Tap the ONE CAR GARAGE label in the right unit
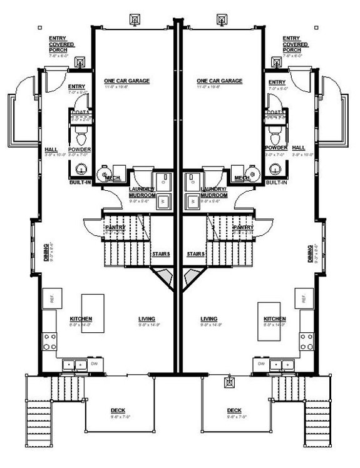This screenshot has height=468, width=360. tap(219, 81)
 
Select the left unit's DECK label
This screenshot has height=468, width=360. tap(118, 410)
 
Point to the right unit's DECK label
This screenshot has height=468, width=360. tap(234, 410)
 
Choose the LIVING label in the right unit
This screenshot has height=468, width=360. tap(209, 319)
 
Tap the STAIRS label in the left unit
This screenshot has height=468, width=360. tap(161, 254)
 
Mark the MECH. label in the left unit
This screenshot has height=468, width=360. tap(113, 178)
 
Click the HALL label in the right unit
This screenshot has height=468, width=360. tap(299, 149)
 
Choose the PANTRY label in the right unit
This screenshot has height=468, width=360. tap(243, 228)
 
